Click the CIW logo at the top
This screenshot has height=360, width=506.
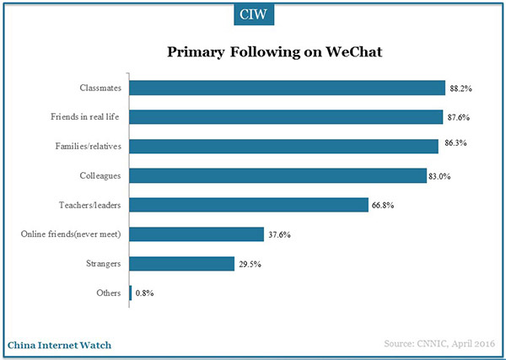[253, 15]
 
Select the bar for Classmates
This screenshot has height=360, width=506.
[287, 88]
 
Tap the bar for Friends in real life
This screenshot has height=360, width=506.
[286, 116]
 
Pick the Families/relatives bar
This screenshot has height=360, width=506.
[283, 146]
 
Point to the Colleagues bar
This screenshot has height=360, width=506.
[277, 175]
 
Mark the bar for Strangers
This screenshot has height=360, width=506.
[181, 264]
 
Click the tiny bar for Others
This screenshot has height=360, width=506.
[130, 293]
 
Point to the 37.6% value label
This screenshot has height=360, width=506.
[279, 234]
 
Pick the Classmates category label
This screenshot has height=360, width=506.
[100, 88]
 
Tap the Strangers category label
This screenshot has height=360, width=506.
[104, 264]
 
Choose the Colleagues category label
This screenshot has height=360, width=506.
[101, 175]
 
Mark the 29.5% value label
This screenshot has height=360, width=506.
[249, 264]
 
